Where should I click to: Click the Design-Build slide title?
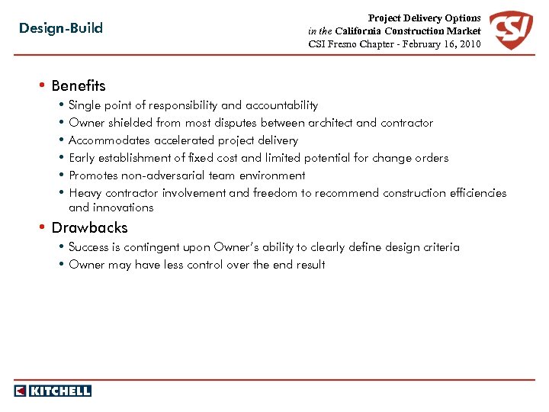coord(61,29)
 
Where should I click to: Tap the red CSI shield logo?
coord(510,30)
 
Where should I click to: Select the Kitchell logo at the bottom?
coord(53,391)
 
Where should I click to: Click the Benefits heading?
coord(79,85)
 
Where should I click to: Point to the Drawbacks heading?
coord(89,227)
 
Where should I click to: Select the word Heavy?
coord(85,193)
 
